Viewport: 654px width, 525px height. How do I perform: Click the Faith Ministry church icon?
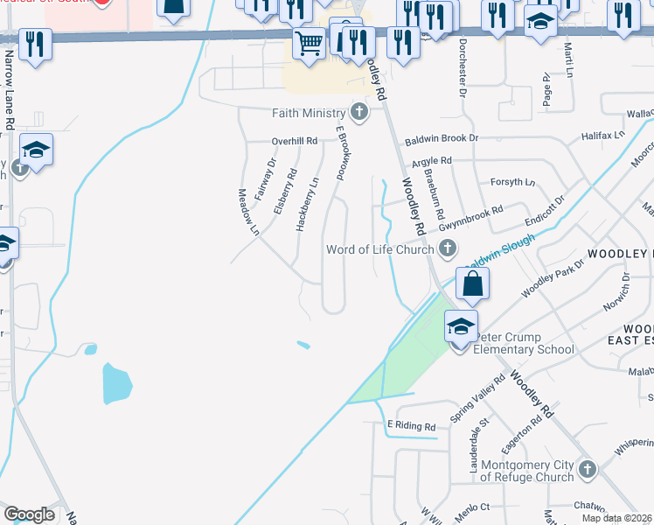(x=358, y=112)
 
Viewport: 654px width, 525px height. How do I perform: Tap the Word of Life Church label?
(x=379, y=249)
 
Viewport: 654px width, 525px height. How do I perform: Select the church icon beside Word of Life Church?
(x=448, y=249)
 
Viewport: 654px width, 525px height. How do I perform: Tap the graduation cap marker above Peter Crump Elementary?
(x=461, y=325)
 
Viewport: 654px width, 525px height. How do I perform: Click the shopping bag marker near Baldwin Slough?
(x=471, y=283)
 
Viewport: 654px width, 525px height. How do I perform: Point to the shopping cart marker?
(x=309, y=42)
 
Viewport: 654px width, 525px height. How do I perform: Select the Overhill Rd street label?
(x=294, y=141)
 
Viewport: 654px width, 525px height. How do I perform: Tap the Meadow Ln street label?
(x=248, y=212)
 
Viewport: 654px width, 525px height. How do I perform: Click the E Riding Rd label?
(x=411, y=426)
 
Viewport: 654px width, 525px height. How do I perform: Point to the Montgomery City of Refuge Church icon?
(x=586, y=470)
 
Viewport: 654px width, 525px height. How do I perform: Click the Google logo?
(x=29, y=514)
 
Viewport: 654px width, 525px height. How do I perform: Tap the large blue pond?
(x=117, y=382)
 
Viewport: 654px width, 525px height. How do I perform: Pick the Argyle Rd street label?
(x=431, y=161)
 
